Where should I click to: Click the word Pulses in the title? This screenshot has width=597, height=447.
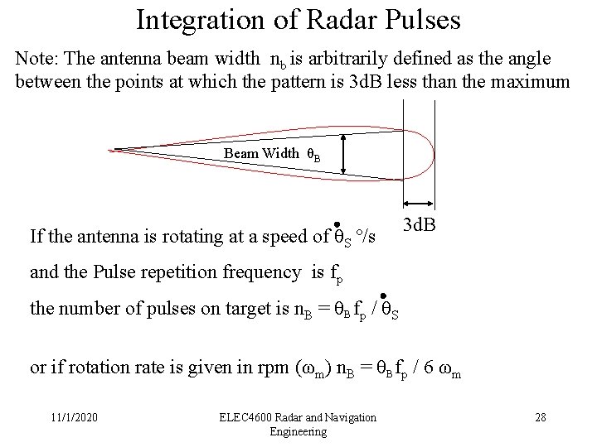coord(422,19)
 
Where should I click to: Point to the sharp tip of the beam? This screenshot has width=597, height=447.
coord(114,150)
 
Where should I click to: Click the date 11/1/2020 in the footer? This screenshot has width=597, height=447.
coord(74,416)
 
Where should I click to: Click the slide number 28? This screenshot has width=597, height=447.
coord(540,416)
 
